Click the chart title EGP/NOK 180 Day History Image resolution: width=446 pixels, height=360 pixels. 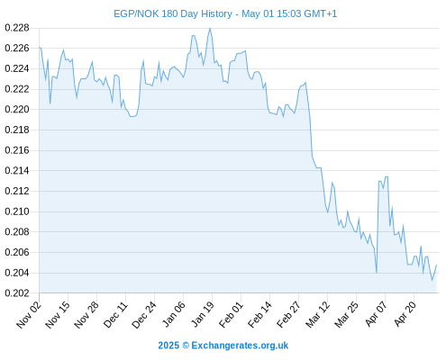[x=173, y=13]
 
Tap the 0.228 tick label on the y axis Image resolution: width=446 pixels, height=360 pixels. [x=17, y=28]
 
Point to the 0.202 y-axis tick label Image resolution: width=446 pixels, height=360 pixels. [x=17, y=292]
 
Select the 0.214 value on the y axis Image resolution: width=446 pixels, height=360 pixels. [x=17, y=170]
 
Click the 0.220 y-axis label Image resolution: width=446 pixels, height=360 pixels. [x=17, y=109]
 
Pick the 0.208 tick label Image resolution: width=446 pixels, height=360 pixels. [x=17, y=231]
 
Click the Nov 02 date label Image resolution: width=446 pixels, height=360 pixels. [x=29, y=314]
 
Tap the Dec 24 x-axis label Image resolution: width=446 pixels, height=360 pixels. [x=144, y=314]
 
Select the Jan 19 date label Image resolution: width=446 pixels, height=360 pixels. [x=203, y=314]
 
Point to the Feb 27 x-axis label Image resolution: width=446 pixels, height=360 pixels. [x=288, y=314]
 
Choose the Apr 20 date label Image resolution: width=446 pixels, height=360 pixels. [x=405, y=314]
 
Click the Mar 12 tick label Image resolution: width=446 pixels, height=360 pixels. [x=317, y=314]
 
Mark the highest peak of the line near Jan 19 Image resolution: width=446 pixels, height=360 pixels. [x=210, y=28]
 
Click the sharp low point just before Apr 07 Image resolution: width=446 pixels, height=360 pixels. [x=377, y=273]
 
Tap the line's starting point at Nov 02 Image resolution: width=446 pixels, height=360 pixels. [x=40, y=47]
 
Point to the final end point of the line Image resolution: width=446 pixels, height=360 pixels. [x=436, y=265]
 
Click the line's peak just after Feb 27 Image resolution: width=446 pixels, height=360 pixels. [x=305, y=82]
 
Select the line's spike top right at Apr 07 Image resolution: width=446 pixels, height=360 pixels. [x=387, y=176]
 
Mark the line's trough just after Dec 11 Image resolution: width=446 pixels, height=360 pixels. [x=132, y=116]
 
